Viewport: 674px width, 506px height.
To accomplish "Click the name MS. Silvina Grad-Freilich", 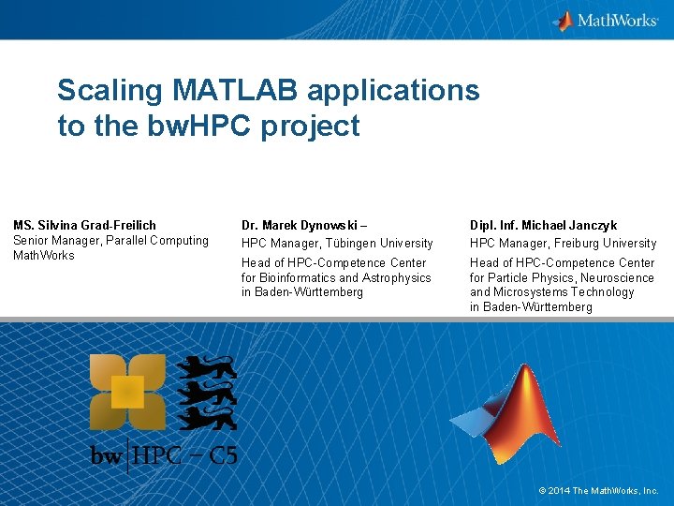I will (x=84, y=225).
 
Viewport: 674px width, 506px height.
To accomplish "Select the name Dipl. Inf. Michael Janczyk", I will (x=543, y=225).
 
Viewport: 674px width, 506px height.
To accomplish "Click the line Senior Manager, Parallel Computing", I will (x=110, y=241).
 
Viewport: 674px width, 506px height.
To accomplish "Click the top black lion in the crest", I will (x=207, y=368).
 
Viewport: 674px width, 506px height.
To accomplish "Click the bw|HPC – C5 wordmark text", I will (x=164, y=456).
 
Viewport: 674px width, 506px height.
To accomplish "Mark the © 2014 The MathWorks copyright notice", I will (x=598, y=490).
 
